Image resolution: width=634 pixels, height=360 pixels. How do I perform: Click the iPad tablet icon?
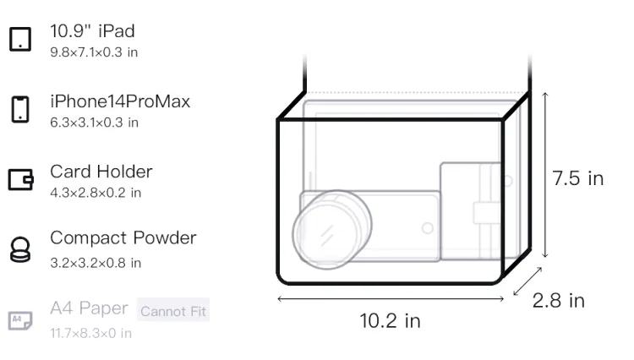coord(20,39)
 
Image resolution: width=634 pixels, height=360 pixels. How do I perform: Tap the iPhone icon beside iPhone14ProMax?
coord(20,109)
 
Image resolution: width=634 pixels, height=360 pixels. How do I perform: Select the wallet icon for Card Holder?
coord(20,179)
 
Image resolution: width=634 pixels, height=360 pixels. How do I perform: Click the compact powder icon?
coord(19,249)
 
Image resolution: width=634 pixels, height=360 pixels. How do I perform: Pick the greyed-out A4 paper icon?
coord(20,320)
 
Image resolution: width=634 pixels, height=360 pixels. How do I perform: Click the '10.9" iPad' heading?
coord(92,31)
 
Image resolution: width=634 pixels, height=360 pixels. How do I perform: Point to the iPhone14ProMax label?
coord(120,101)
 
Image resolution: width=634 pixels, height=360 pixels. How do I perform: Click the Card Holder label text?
coord(101,172)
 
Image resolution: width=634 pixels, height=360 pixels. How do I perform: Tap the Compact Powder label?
coord(123,238)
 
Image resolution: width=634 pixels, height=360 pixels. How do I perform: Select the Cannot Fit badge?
coord(173,311)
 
